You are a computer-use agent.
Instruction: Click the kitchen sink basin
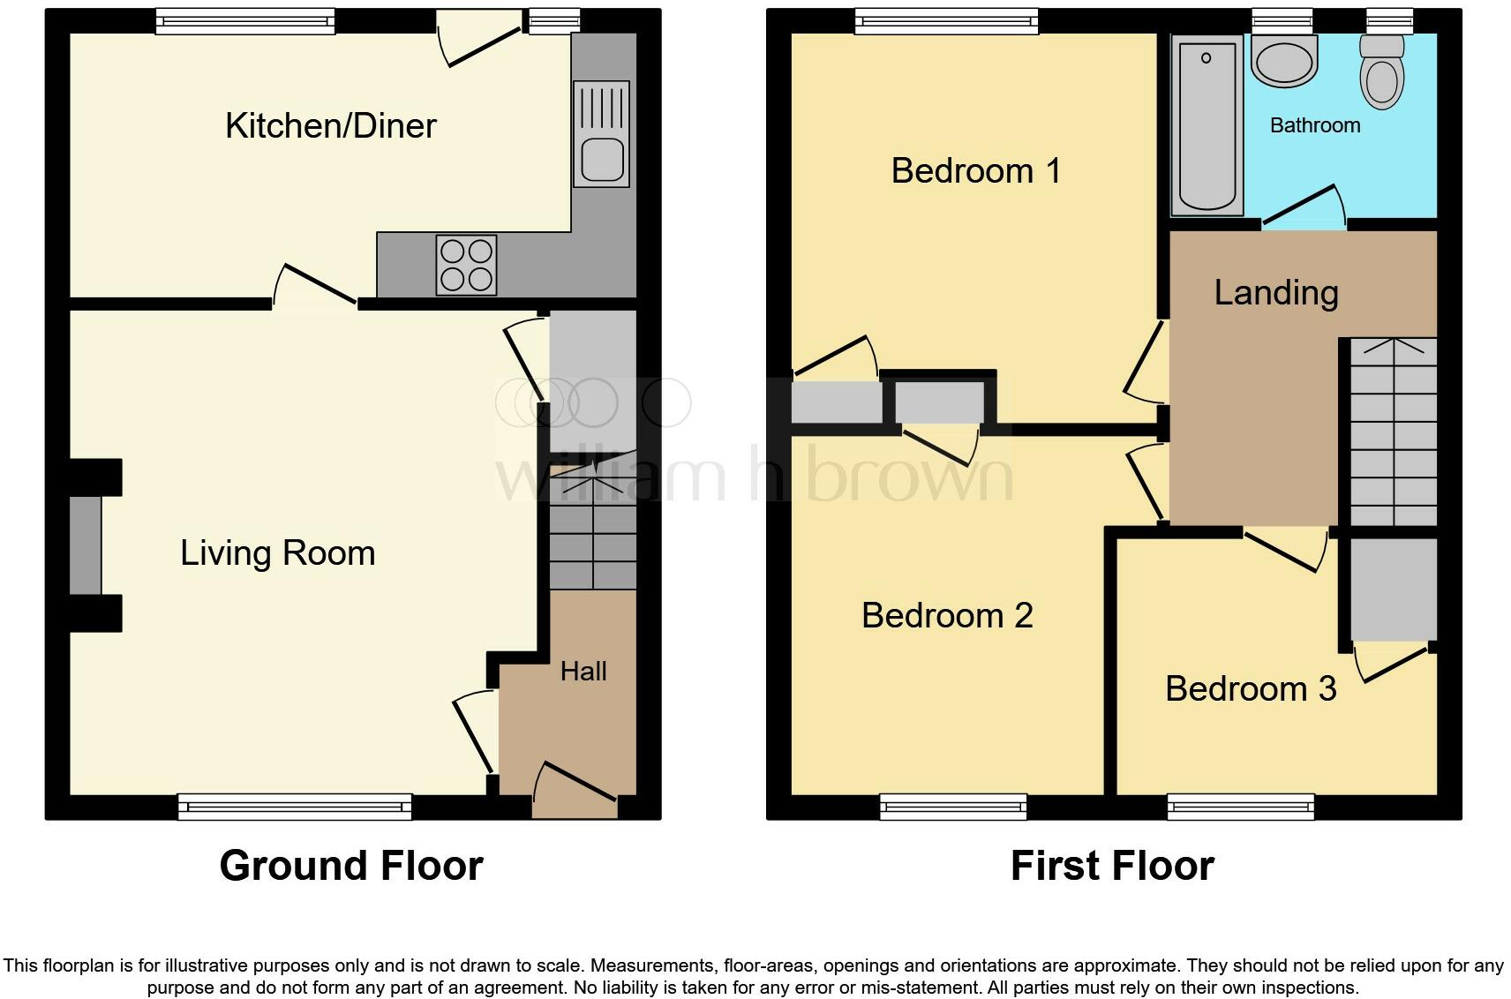point(602,160)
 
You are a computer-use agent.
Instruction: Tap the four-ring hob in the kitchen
point(466,265)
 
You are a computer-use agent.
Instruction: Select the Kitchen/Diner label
point(331,125)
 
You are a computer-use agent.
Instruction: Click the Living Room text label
point(278,553)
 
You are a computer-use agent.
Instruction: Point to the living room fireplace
point(86,545)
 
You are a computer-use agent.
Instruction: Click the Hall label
point(583,672)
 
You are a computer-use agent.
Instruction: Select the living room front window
point(295,805)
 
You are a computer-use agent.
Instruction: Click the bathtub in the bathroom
point(1206,124)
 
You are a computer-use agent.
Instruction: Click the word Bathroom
point(1314,125)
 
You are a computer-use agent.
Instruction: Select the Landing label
point(1275,292)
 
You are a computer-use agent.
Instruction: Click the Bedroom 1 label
point(975,170)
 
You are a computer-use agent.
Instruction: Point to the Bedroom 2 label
point(947,615)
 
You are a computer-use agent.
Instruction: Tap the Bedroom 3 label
point(1250,688)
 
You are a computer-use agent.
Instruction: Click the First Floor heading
point(1111,866)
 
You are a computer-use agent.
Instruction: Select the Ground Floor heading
point(351,866)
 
